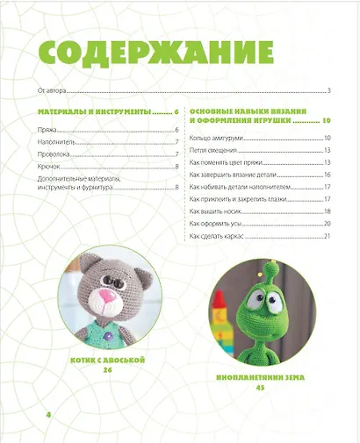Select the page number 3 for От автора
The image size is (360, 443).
click(x=327, y=90)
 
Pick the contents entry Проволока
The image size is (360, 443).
click(x=54, y=154)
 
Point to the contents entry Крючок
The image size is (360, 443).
click(x=48, y=166)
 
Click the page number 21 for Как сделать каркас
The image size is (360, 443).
click(x=325, y=236)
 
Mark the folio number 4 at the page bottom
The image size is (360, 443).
click(x=37, y=411)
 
